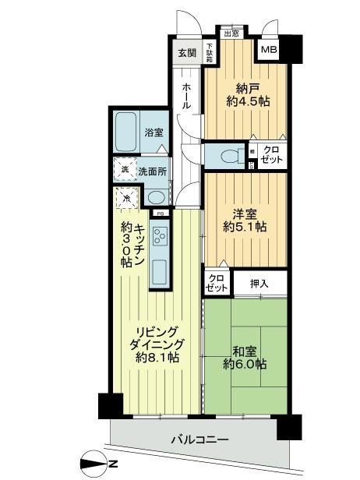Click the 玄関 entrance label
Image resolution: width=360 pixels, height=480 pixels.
[x=186, y=53]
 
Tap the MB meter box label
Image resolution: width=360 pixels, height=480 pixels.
[x=269, y=51]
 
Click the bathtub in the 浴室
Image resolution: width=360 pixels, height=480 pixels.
[x=126, y=125]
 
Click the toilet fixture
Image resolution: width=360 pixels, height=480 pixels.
[x=228, y=154]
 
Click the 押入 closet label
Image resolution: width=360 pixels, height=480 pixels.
[x=259, y=283]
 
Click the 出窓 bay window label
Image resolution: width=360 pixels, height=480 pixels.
[x=231, y=34]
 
